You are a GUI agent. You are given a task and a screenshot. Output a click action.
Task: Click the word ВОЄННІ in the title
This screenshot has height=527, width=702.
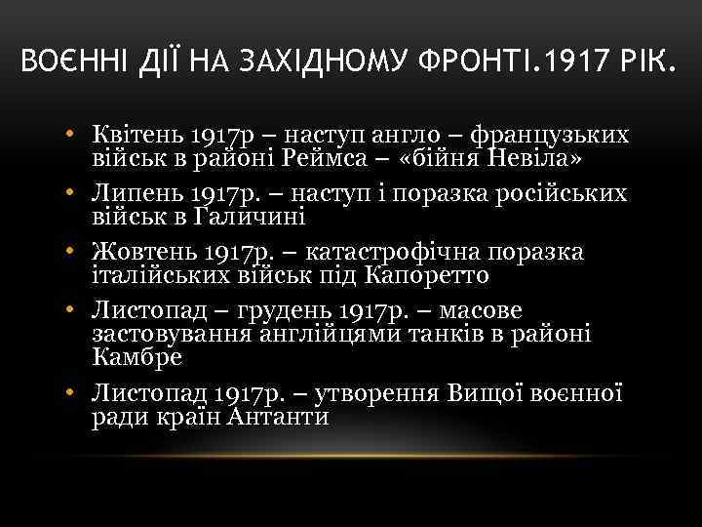tap(68, 66)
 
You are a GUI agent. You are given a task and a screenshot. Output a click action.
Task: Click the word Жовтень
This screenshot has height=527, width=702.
tap(141, 252)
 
